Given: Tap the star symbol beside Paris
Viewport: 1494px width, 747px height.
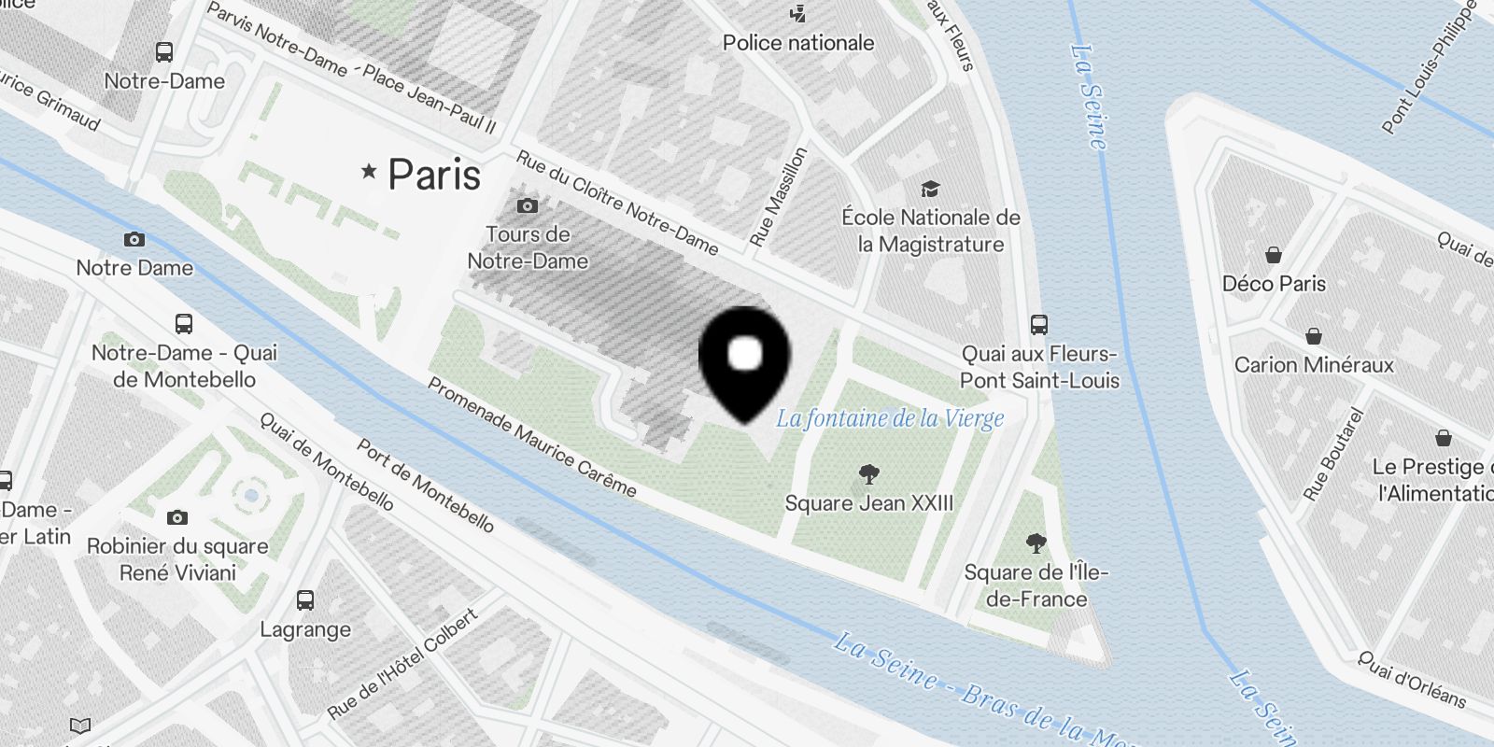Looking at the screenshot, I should point(370,171).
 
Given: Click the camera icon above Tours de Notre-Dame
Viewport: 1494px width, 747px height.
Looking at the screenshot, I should point(528,205).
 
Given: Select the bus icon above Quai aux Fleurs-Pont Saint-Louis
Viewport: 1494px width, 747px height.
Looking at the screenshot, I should point(1039,325).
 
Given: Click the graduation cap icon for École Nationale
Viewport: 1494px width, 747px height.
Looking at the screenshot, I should point(930,190).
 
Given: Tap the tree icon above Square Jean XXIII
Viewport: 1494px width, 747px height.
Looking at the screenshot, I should point(869,474).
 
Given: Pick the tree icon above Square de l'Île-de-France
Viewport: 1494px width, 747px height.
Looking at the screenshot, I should point(1036,543).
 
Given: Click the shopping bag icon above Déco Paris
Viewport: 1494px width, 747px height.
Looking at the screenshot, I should point(1274,255).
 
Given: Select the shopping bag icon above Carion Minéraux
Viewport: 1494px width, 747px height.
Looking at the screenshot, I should point(1314,336).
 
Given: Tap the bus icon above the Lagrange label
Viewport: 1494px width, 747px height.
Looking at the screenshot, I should point(305,600).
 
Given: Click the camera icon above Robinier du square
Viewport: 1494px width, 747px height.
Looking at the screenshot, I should point(177,517).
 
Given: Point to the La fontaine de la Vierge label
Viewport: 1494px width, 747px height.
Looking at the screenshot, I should point(890,418).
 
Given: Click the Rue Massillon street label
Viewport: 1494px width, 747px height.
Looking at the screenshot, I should point(778,196).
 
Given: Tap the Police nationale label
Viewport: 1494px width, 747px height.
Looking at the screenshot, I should point(798,43).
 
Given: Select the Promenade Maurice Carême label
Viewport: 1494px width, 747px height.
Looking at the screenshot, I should point(531,437).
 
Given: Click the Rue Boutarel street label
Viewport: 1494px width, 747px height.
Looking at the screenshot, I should point(1333,454).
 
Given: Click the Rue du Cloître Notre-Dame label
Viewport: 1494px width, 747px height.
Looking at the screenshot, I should point(617,204).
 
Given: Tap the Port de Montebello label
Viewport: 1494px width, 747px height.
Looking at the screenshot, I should point(425,486).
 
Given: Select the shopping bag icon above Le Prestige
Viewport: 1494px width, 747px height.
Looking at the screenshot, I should point(1443,438).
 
